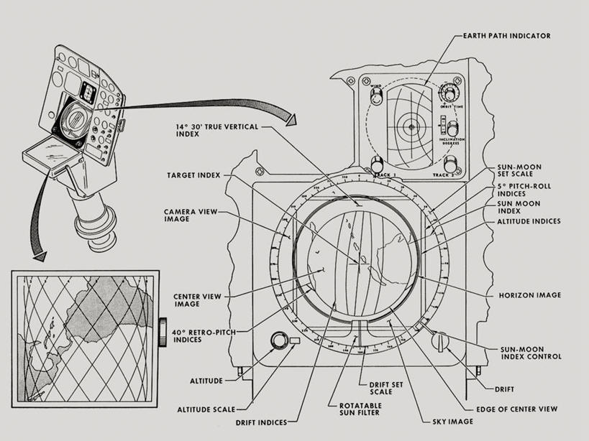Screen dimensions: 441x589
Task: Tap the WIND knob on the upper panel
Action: (376, 96)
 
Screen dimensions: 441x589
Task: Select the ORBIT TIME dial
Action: (450, 94)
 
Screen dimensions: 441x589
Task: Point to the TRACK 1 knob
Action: (376, 164)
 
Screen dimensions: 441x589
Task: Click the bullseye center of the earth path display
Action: (412, 127)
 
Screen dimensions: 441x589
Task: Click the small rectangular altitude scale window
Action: (294, 340)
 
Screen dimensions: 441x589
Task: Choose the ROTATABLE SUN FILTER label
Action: (353, 408)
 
